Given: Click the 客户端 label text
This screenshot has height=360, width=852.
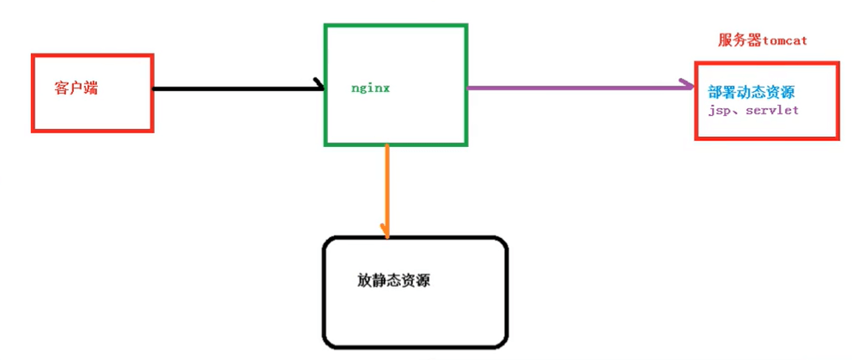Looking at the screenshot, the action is [x=76, y=88].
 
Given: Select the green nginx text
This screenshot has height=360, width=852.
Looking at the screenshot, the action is [x=371, y=88].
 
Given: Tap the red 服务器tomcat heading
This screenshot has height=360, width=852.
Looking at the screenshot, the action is [x=762, y=40].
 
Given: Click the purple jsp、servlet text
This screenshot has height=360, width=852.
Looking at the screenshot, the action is [x=754, y=112].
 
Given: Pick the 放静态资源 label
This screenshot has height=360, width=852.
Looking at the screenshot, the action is [x=393, y=280].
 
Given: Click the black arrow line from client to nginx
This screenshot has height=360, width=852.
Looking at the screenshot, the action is [x=232, y=88].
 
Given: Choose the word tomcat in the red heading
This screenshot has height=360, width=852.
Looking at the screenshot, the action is [x=784, y=40].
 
